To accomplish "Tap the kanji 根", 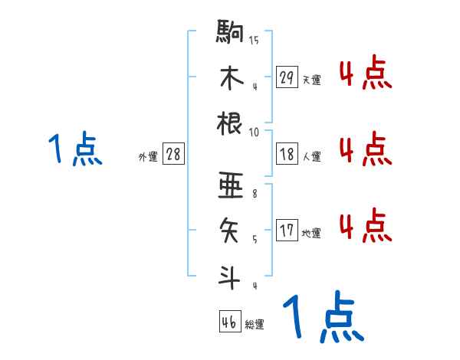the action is (231, 123).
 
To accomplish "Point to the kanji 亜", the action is (231, 185).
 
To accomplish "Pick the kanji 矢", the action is (231, 229).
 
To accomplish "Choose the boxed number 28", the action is (173, 154).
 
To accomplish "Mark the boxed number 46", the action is (229, 322).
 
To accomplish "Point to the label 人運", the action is (311, 156).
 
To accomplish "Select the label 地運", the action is (311, 233).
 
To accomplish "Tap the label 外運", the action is (147, 156).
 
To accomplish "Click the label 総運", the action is (255, 325).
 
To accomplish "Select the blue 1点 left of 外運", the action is (75, 149).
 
